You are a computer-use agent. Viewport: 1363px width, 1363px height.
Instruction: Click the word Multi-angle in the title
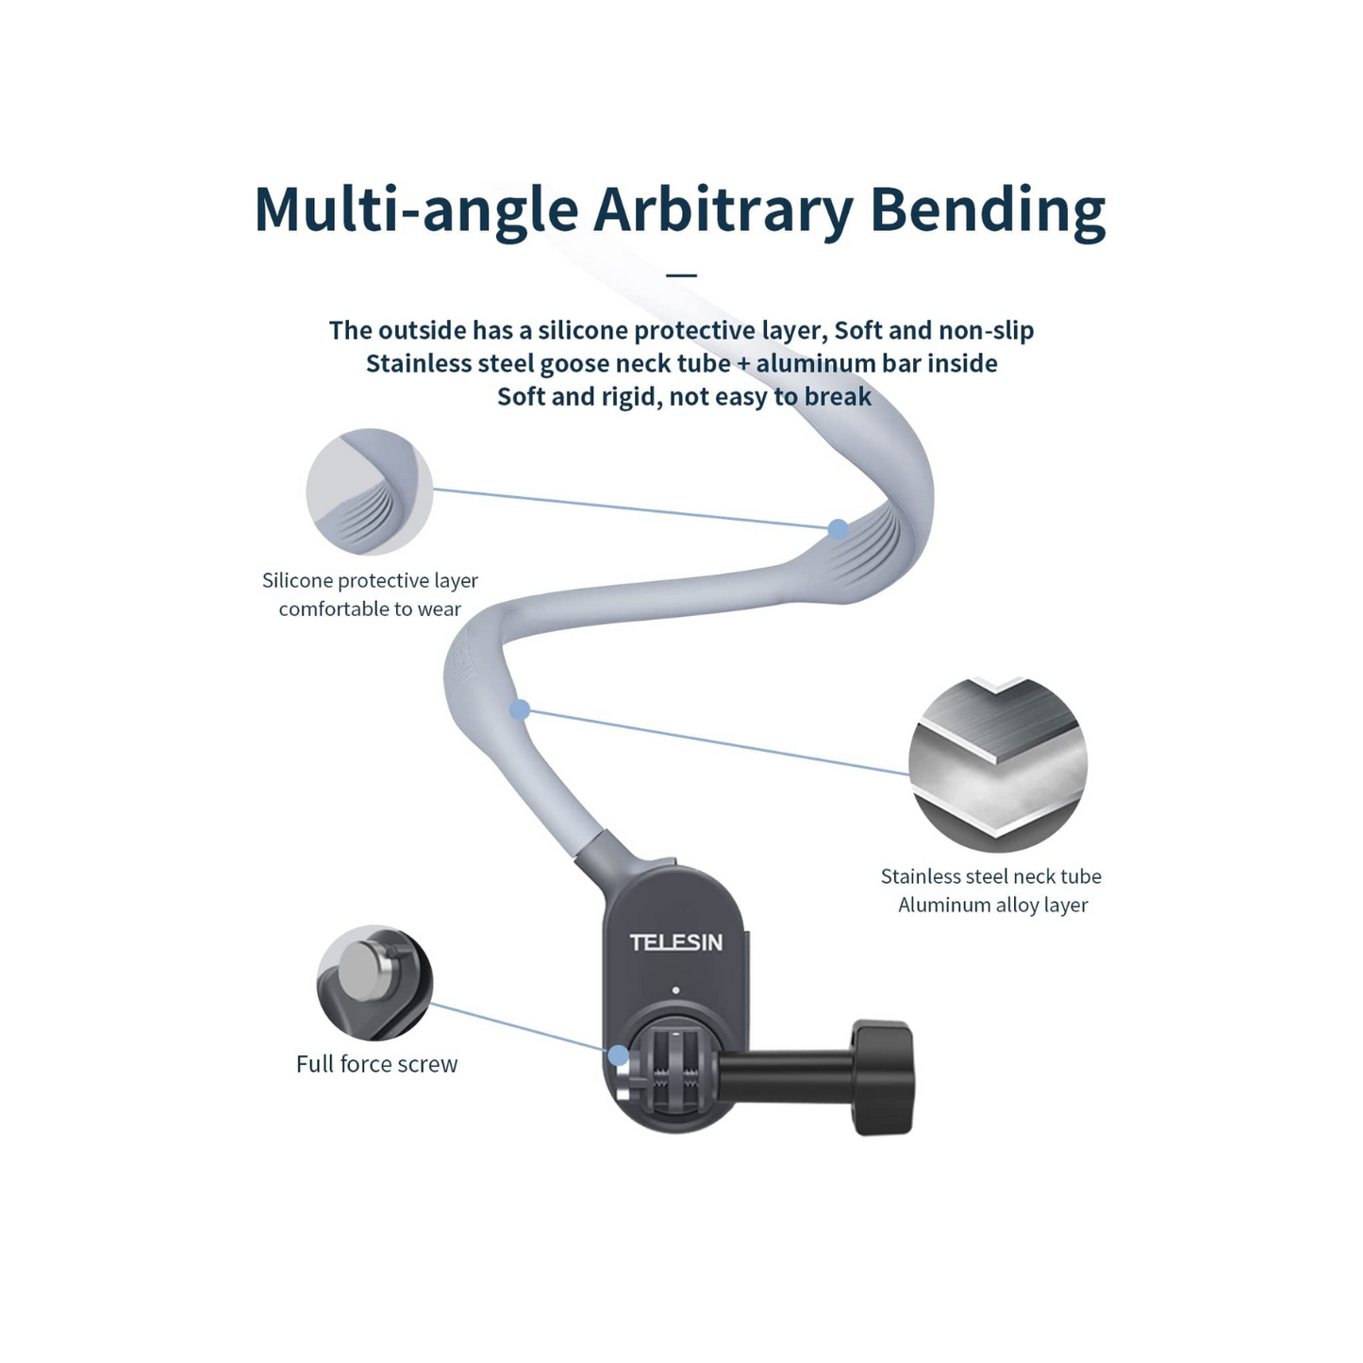click(416, 209)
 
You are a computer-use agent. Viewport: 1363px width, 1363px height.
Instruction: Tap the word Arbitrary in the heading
click(723, 209)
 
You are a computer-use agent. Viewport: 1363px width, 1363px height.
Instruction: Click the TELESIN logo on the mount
click(675, 942)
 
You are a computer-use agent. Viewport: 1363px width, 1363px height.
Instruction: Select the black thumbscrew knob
click(884, 1076)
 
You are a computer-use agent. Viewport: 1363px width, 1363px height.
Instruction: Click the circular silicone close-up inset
click(370, 491)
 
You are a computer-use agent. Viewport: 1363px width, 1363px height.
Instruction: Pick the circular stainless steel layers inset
click(998, 764)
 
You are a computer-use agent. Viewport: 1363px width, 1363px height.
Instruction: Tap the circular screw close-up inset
click(375, 982)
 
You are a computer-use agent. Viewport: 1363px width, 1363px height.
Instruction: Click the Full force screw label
click(376, 1064)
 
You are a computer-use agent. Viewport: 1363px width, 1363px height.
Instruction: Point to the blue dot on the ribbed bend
click(838, 529)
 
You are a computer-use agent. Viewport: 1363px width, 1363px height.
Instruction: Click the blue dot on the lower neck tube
click(520, 709)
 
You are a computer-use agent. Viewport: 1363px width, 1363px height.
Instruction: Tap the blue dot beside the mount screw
click(618, 1055)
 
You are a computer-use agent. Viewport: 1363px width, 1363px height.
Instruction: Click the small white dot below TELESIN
click(675, 990)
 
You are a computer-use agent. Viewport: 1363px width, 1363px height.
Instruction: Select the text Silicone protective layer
click(370, 580)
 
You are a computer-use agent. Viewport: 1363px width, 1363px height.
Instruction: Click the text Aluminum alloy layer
click(992, 905)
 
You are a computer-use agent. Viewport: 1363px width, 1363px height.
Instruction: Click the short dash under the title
click(681, 275)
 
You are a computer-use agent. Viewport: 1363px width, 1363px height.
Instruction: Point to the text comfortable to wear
click(370, 609)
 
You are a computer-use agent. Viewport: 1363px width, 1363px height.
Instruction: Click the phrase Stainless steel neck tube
click(990, 876)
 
